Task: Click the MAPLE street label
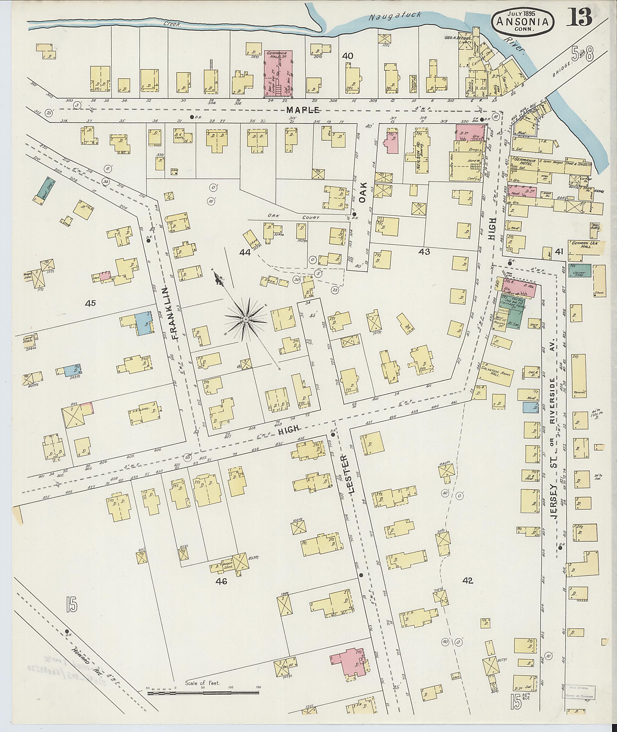pos(303,110)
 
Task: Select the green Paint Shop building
pos(45,189)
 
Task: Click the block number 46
pos(221,582)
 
